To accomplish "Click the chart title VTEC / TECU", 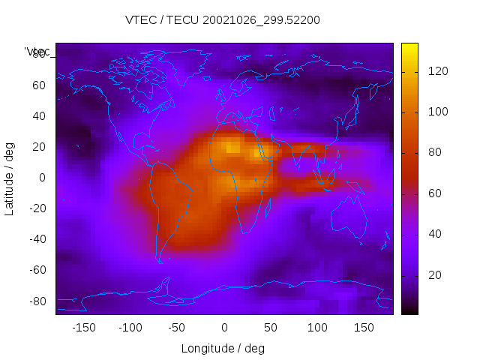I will click(223, 20).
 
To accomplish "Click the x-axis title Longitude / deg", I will click(223, 348).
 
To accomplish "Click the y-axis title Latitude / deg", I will click(10, 178).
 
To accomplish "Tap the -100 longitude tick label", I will click(130, 327).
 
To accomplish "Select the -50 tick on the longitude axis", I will click(177, 327).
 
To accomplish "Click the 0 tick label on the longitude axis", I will click(223, 327).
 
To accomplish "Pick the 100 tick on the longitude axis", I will click(317, 327).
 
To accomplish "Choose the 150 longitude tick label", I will click(364, 327).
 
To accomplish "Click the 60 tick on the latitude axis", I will click(39, 85).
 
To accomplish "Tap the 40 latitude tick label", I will click(39, 116).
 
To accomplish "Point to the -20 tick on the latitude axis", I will click(36, 208).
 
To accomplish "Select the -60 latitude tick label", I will click(36, 270).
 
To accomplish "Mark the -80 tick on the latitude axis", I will click(36, 301).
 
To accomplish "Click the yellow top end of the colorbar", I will click(409, 47).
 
